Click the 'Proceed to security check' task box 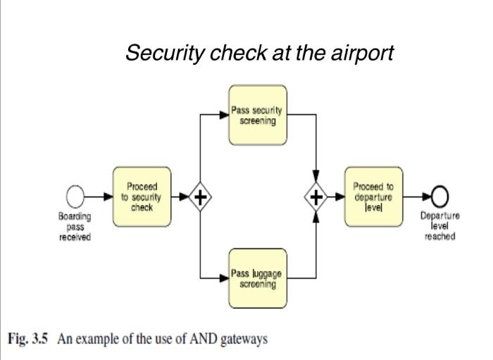coord(142,196)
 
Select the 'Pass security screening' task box coord(257,115)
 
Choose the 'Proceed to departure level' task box coord(373,196)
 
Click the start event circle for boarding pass coord(75,197)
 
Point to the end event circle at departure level coord(440,197)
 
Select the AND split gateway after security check coord(200,197)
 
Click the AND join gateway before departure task coord(317,197)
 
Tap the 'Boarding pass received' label coord(74,226)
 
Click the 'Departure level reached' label coord(440,226)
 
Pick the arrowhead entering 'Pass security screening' coord(225,115)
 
